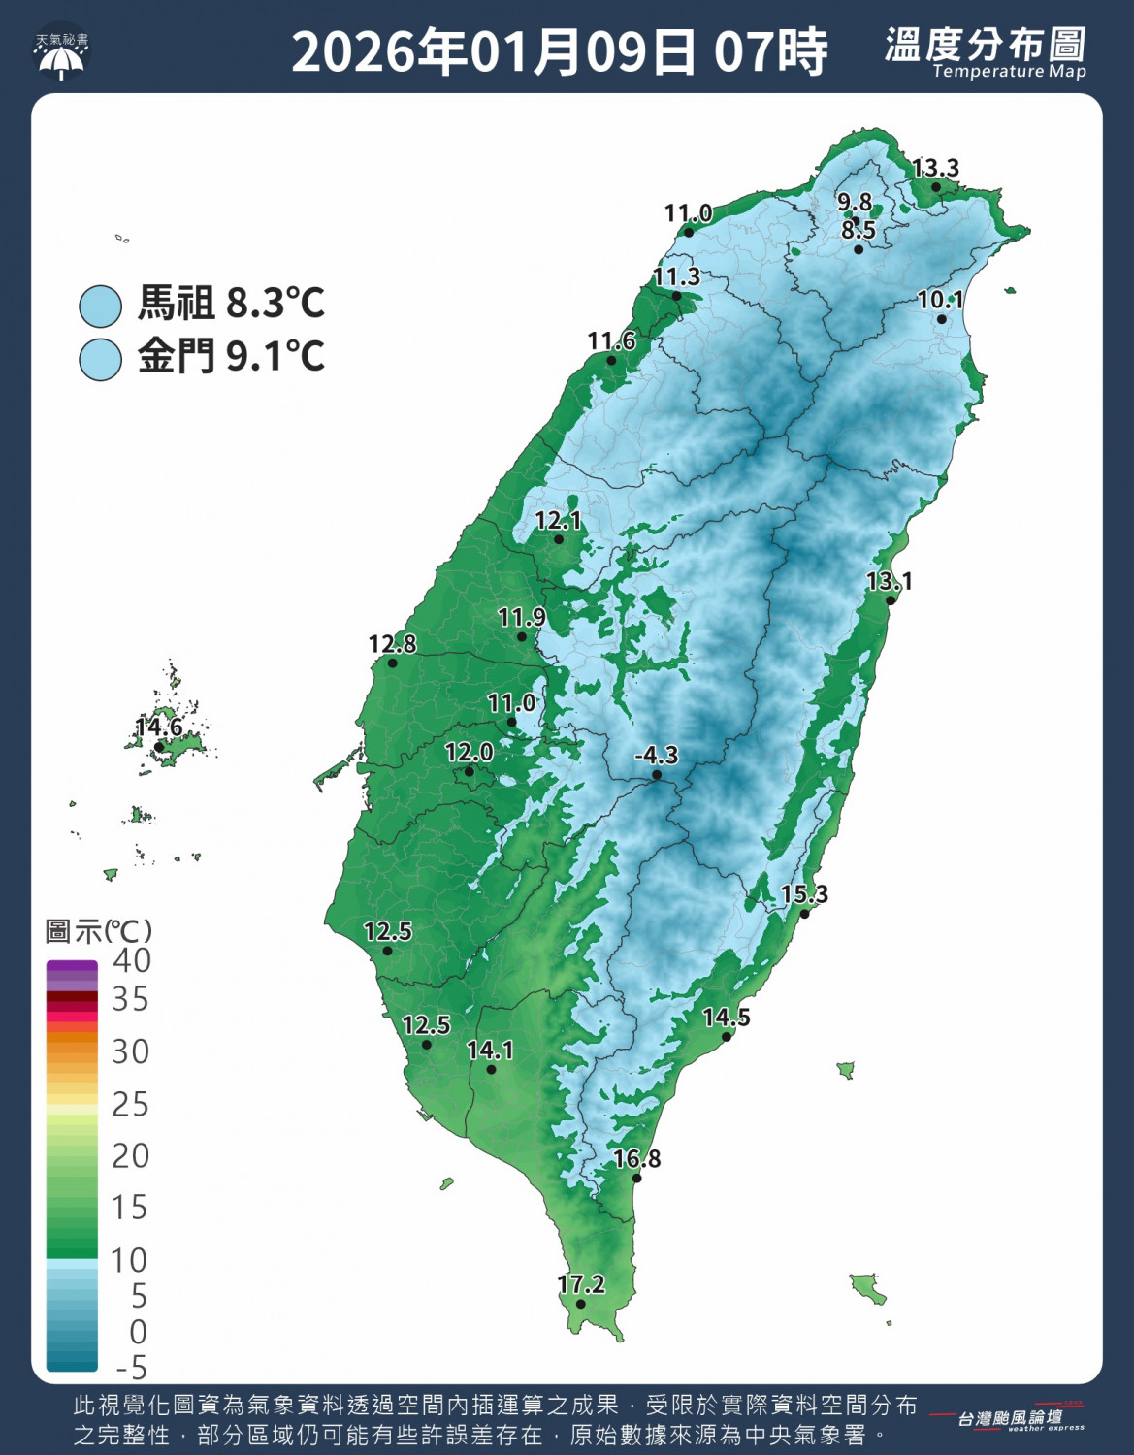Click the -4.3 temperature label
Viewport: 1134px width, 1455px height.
pyautogui.click(x=657, y=755)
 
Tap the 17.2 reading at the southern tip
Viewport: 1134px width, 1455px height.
pyautogui.click(x=581, y=1284)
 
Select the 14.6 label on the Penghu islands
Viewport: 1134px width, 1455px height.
pyautogui.click(x=159, y=727)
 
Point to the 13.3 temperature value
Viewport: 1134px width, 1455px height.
pyautogui.click(x=935, y=168)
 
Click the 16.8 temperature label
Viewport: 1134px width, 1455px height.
pyautogui.click(x=637, y=1158)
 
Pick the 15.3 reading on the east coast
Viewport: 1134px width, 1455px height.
pyautogui.click(x=804, y=893)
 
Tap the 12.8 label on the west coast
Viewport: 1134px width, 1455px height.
pyautogui.click(x=392, y=643)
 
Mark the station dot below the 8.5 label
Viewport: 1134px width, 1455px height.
pyautogui.click(x=859, y=250)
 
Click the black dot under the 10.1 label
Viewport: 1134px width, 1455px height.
pyautogui.click(x=941, y=319)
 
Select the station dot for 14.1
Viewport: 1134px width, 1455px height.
pyautogui.click(x=491, y=1070)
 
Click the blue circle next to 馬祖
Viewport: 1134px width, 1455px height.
pyautogui.click(x=100, y=306)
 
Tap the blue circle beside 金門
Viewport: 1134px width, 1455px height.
pyautogui.click(x=100, y=359)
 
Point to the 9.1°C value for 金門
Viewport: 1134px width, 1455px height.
pyautogui.click(x=275, y=357)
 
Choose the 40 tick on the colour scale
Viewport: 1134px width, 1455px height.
pyautogui.click(x=131, y=960)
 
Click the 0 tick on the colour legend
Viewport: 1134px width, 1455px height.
pyautogui.click(x=138, y=1332)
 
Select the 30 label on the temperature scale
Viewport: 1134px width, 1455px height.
pyautogui.click(x=131, y=1051)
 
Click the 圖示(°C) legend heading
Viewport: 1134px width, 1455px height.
pyautogui.click(x=98, y=931)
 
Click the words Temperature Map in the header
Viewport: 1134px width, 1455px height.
pyautogui.click(x=1009, y=71)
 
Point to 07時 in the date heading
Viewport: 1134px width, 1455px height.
pyautogui.click(x=771, y=51)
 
